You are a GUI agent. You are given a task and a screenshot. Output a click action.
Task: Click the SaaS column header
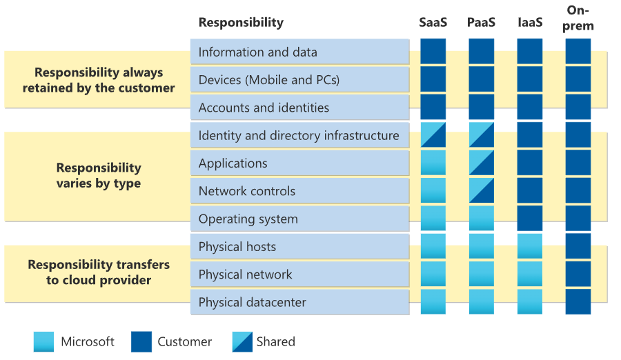[433, 22]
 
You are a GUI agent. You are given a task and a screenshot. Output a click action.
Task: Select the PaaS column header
[481, 22]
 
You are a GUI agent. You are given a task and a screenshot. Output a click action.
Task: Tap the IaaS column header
[529, 22]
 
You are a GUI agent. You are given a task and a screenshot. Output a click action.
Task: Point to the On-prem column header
[578, 18]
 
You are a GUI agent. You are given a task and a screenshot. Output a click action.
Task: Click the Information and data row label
[258, 52]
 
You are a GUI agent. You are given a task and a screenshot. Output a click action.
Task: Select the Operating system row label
[248, 219]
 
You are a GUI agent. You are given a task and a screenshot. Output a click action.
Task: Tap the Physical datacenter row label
[253, 303]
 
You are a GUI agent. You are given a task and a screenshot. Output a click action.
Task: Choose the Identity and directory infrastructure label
[299, 136]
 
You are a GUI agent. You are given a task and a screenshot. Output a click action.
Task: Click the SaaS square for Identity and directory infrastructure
[433, 135]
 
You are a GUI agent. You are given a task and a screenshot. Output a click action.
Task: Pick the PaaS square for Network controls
[481, 191]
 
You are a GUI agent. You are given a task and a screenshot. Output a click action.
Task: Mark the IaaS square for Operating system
[529, 219]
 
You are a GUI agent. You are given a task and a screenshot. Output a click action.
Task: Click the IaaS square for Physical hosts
[529, 246]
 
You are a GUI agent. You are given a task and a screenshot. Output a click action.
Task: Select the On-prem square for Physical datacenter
[578, 302]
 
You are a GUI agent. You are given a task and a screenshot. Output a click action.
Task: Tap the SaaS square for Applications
[433, 163]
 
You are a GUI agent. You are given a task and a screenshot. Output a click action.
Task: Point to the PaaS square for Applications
[481, 163]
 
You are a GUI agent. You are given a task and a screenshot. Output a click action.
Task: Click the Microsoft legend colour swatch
[43, 342]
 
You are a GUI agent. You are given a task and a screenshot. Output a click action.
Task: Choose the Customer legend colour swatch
[141, 342]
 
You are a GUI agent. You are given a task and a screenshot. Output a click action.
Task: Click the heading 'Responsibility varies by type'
[99, 176]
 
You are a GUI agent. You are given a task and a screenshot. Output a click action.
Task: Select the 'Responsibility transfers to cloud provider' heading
[99, 272]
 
